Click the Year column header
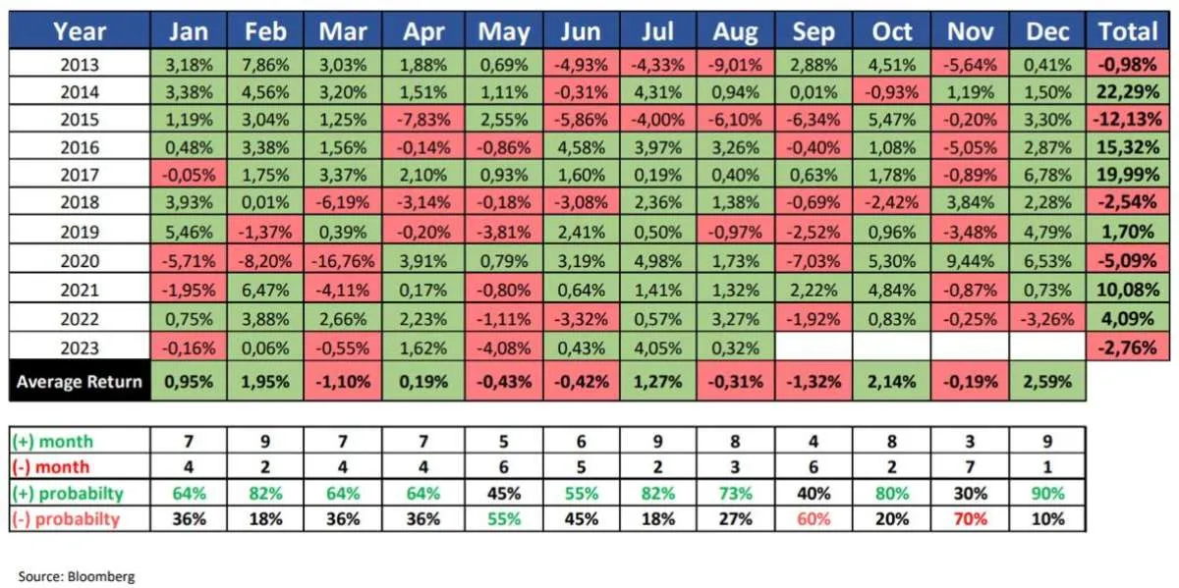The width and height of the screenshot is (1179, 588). click(x=80, y=31)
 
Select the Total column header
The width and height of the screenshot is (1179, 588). click(x=1128, y=31)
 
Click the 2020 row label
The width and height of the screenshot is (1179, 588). click(x=80, y=264)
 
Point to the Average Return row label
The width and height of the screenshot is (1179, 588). click(x=80, y=381)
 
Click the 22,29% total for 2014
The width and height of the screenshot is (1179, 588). click(x=1128, y=92)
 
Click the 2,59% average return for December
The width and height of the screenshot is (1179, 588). click(x=1047, y=381)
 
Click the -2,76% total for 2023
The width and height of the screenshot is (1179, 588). click(x=1128, y=347)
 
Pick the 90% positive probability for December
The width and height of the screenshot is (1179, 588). click(x=1047, y=493)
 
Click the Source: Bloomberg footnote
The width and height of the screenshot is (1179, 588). click(x=77, y=576)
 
